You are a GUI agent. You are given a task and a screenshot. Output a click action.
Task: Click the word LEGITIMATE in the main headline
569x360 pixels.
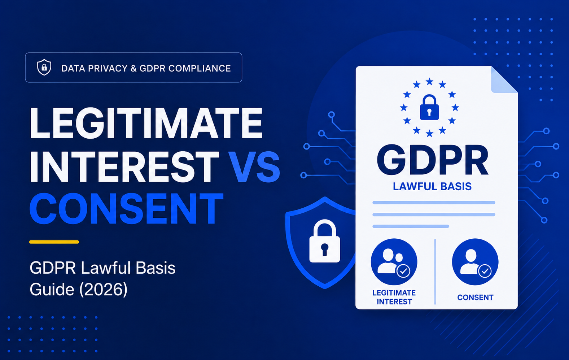click(146, 123)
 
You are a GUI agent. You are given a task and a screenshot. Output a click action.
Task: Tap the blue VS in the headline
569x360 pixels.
click(254, 166)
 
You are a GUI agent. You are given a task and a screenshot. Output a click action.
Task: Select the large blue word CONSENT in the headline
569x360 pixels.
click(126, 208)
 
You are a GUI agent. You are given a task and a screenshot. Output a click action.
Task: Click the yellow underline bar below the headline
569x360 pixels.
click(54, 242)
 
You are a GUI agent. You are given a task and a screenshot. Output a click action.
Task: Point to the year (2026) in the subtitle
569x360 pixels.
click(104, 289)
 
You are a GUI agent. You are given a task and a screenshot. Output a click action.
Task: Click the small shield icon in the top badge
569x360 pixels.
click(44, 68)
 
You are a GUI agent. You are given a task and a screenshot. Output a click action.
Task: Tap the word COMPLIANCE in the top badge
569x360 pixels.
click(200, 68)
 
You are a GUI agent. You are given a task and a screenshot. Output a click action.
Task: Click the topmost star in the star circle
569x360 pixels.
click(429, 82)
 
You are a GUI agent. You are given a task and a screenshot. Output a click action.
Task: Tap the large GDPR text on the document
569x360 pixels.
click(432, 161)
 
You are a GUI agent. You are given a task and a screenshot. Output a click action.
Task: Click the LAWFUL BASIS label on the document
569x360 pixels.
click(432, 187)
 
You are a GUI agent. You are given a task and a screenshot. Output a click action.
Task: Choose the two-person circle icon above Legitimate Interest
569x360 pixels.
click(394, 262)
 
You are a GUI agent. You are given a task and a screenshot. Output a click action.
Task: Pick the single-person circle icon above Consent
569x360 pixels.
click(475, 262)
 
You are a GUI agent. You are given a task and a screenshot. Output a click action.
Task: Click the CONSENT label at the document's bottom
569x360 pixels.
click(475, 298)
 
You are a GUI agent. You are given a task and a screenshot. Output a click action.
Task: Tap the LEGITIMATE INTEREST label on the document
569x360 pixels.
click(394, 297)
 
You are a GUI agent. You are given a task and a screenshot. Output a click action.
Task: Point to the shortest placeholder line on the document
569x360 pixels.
click(411, 226)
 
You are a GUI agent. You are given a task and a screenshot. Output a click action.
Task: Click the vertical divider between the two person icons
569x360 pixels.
click(435, 272)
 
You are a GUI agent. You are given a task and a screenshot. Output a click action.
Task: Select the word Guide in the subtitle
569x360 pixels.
click(52, 289)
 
